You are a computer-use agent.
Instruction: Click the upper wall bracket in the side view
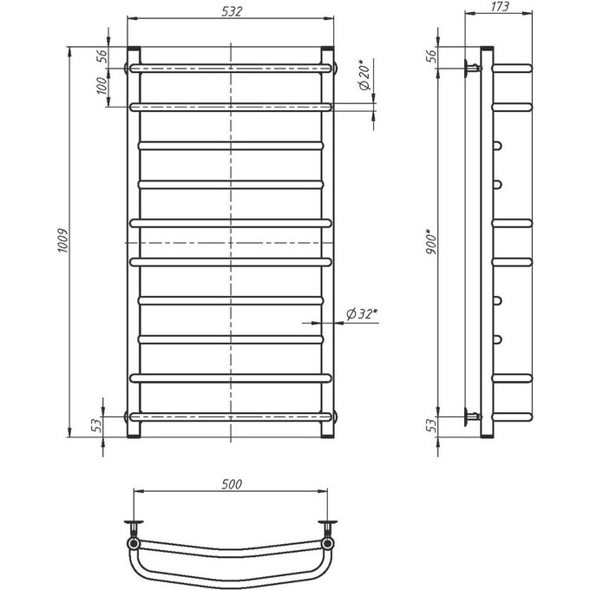(472, 67)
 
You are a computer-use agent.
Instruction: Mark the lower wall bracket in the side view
(472, 416)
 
